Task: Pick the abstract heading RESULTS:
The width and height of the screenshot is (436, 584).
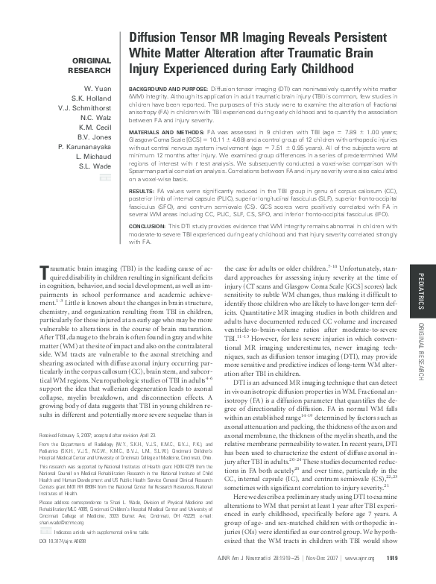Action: (x=142, y=191)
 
